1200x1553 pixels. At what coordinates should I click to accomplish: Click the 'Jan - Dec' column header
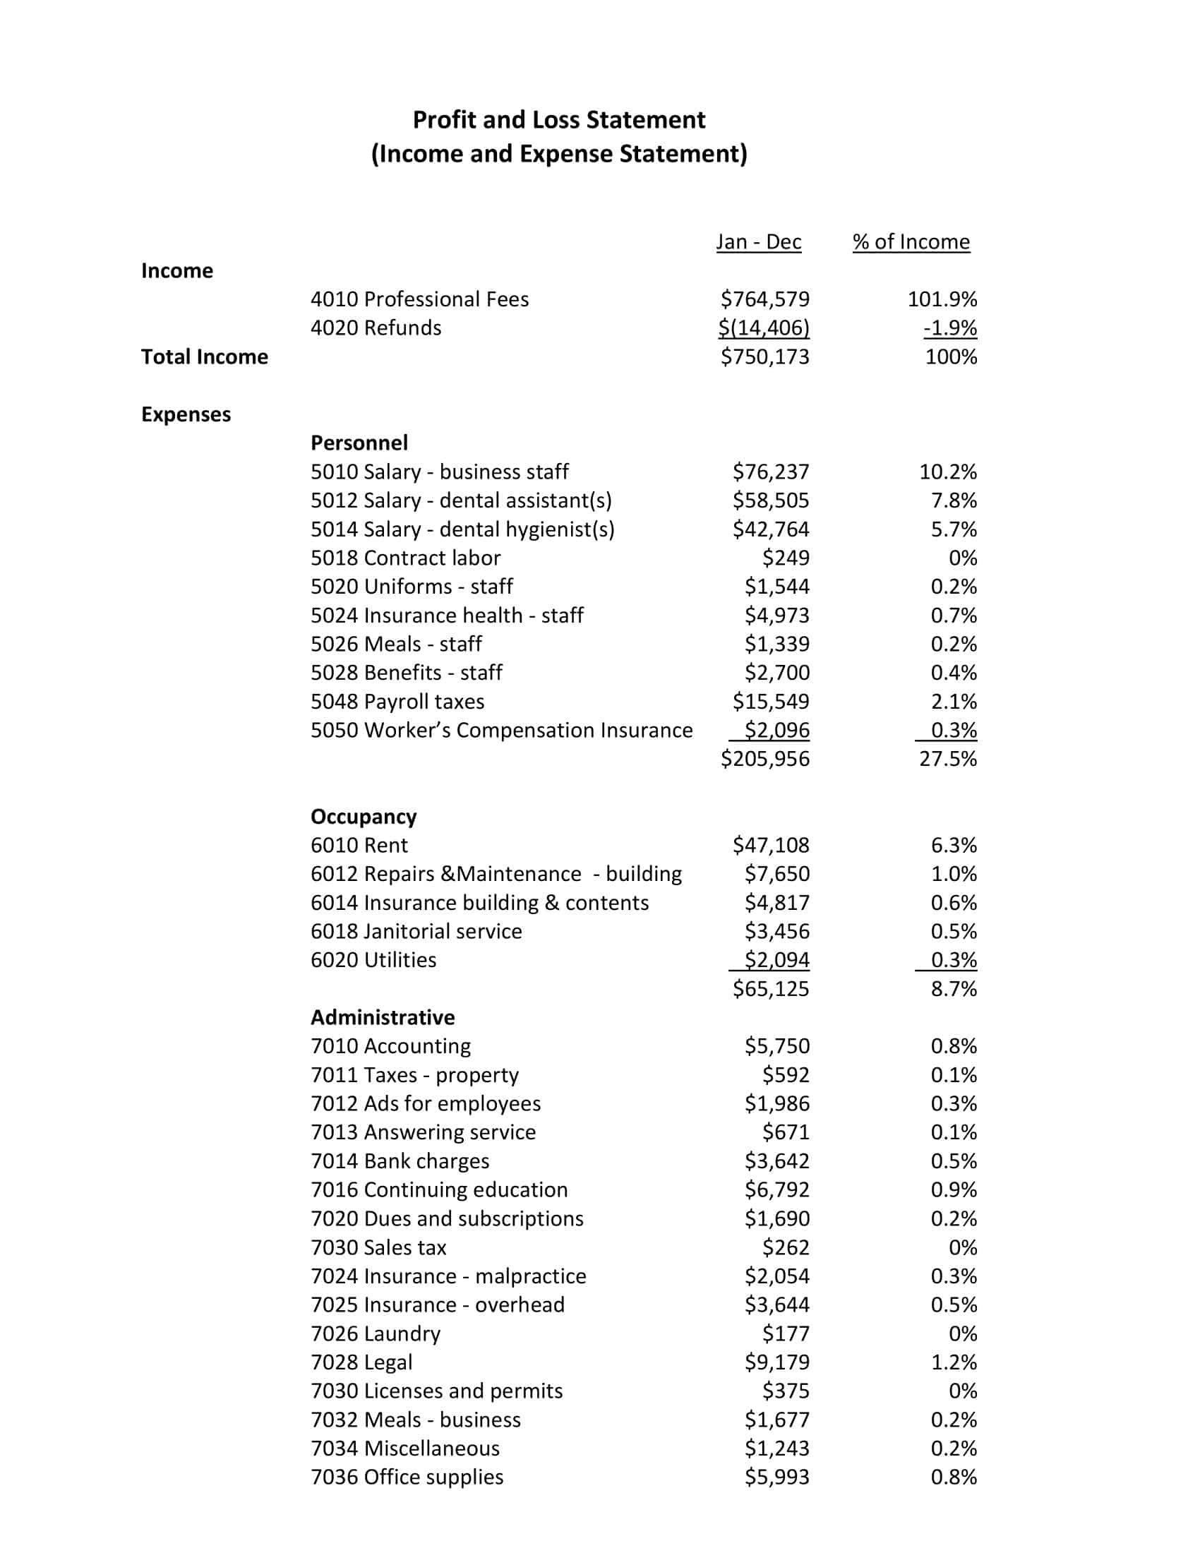[758, 241]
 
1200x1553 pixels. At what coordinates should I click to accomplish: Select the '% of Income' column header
[911, 241]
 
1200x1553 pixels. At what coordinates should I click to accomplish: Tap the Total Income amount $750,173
[764, 356]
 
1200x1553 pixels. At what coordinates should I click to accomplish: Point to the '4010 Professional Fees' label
[419, 299]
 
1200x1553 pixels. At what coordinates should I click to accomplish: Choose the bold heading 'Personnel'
[359, 443]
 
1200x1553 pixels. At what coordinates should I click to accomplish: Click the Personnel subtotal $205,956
[764, 759]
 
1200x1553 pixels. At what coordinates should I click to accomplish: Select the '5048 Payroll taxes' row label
[397, 702]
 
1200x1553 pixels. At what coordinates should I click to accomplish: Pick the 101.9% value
[941, 299]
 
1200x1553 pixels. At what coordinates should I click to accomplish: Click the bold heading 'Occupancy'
[364, 816]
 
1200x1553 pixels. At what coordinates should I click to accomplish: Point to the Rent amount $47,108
[771, 846]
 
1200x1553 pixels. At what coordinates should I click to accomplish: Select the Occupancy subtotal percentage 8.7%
[954, 989]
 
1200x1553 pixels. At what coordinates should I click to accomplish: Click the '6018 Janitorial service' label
[416, 932]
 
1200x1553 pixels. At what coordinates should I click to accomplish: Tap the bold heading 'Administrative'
[383, 1017]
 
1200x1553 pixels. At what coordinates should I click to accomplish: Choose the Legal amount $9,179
[776, 1362]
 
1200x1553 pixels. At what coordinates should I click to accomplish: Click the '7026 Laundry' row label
[376, 1334]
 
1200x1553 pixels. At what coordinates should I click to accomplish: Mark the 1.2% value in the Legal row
[954, 1362]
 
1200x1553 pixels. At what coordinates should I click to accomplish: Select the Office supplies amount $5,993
[776, 1477]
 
